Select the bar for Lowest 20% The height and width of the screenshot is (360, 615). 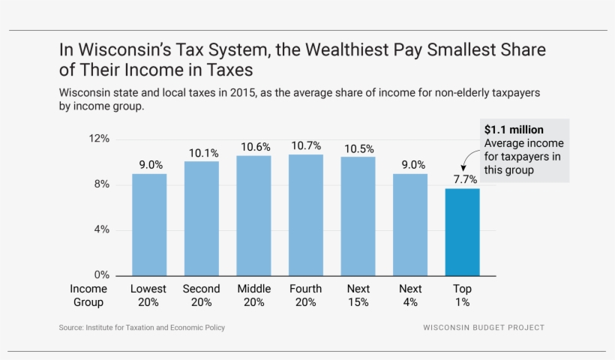click(149, 224)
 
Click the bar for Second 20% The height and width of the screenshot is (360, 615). click(202, 218)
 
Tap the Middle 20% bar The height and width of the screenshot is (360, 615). click(253, 215)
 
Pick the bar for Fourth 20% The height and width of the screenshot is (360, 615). click(306, 214)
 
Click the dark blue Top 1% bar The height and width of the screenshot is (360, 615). click(462, 232)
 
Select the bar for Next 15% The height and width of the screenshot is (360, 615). click(358, 216)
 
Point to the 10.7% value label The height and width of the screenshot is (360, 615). click(306, 145)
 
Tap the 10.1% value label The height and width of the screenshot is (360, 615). click(203, 152)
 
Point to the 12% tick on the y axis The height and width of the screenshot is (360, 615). click(99, 139)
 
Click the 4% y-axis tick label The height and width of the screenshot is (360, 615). click(102, 229)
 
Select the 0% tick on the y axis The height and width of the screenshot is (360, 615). click(102, 275)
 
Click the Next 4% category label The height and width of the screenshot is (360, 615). click(410, 295)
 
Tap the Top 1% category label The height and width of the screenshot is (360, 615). click(462, 295)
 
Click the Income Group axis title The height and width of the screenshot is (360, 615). click(88, 295)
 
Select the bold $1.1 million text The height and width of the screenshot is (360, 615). click(514, 130)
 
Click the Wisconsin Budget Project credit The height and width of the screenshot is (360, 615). click(484, 328)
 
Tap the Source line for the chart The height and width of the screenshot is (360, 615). click(142, 328)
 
